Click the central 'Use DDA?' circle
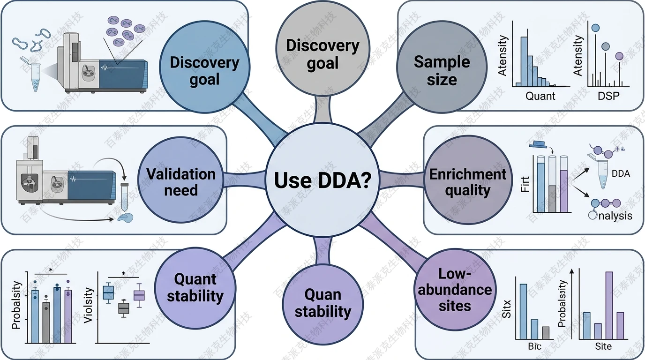pyautogui.click(x=322, y=180)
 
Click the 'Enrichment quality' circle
pyautogui.click(x=468, y=182)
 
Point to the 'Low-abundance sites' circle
pyautogui.click(x=454, y=290)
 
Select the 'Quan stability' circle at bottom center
pyautogui.click(x=322, y=302)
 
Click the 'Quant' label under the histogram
pyautogui.click(x=540, y=96)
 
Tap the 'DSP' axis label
pyautogui.click(x=608, y=96)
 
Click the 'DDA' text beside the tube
pyautogui.click(x=621, y=174)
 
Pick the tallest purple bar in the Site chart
pyautogui.click(x=609, y=305)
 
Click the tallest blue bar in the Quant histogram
pyautogui.click(x=525, y=61)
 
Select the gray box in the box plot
pyautogui.click(x=123, y=308)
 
